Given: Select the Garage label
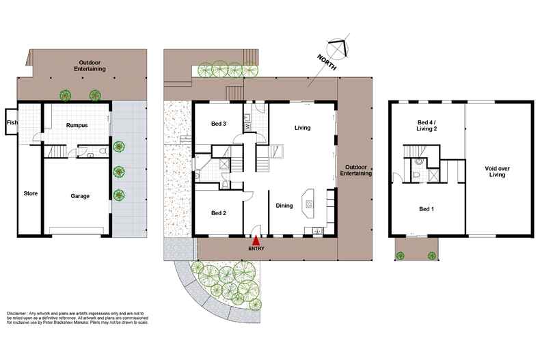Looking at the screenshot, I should coord(80,196).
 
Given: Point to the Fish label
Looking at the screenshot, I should coord(12,123).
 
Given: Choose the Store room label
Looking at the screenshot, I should coord(30,193).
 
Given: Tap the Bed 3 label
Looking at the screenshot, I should coord(219,124).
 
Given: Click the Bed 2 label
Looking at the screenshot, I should coord(219,213).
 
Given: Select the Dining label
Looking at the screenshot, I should coord(285,206).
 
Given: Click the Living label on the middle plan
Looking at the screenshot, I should coord(303,128).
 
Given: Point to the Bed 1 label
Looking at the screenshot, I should coord(427,208).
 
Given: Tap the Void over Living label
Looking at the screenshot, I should coord(497,171).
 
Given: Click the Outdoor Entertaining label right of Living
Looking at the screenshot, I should coord(358,171).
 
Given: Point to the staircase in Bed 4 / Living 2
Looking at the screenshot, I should coord(412,154).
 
